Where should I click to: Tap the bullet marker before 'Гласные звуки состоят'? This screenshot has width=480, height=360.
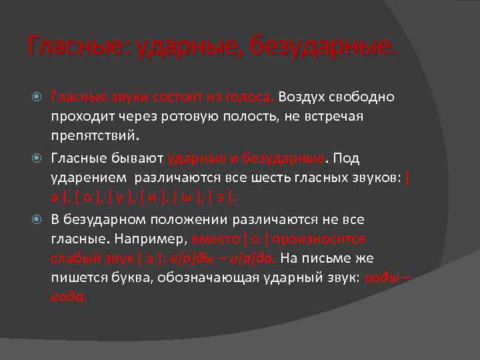(40, 97)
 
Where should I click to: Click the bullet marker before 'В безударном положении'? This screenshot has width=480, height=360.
(40, 219)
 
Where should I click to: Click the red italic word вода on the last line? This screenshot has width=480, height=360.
(69, 298)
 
